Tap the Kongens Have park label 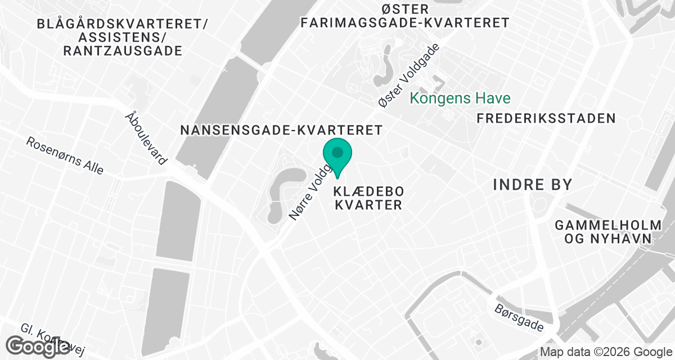[x=460, y=98]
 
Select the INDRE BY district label [x=532, y=184]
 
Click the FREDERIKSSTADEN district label [x=546, y=118]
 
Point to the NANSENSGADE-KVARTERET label [x=281, y=130]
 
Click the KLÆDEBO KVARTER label [x=369, y=197]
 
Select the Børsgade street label [x=520, y=318]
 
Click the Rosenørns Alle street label [x=65, y=156]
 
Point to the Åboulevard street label [x=146, y=138]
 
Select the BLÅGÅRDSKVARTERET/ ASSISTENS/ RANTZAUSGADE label [x=123, y=38]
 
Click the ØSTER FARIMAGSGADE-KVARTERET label [x=405, y=16]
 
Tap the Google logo [x=38, y=346]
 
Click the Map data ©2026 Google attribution [x=606, y=352]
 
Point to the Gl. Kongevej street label [x=53, y=340]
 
